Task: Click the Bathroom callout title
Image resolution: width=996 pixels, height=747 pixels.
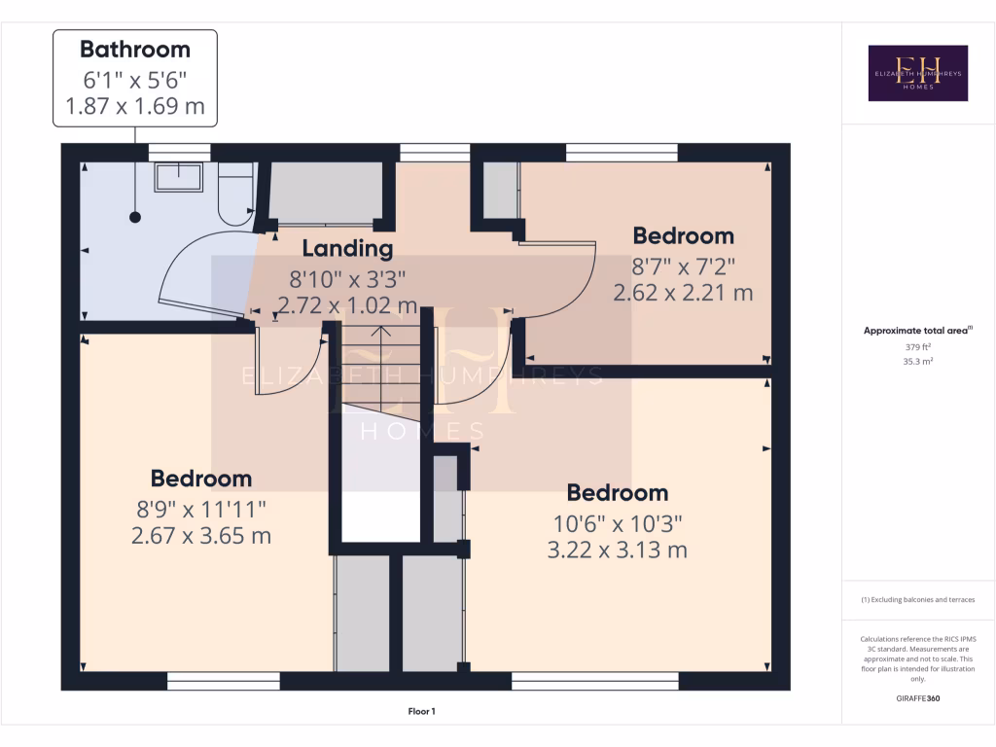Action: pos(134,50)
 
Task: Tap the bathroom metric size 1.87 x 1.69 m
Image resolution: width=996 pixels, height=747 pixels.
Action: pos(134,107)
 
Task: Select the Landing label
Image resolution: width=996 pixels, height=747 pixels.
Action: pos(347,249)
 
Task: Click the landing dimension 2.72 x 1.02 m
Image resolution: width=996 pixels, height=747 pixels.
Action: pos(347,306)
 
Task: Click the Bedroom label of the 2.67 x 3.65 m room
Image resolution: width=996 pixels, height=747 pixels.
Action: pos(201,479)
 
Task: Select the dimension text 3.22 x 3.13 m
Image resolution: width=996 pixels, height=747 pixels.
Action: pos(617,551)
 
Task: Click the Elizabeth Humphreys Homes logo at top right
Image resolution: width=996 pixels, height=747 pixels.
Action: pos(917,73)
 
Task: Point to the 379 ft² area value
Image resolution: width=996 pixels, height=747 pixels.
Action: pos(917,347)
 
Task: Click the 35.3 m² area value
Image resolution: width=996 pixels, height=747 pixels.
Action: pos(917,361)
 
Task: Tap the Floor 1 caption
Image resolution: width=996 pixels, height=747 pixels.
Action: pos(421,712)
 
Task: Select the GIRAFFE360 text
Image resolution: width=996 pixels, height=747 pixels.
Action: pos(917,698)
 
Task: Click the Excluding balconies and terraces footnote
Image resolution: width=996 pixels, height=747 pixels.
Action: pos(917,600)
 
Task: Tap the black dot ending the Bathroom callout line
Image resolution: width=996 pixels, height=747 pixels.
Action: pos(134,217)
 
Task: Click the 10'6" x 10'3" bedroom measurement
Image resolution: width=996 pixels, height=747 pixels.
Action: pos(617,522)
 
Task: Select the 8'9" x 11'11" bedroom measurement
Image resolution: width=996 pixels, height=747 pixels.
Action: pos(201,508)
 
